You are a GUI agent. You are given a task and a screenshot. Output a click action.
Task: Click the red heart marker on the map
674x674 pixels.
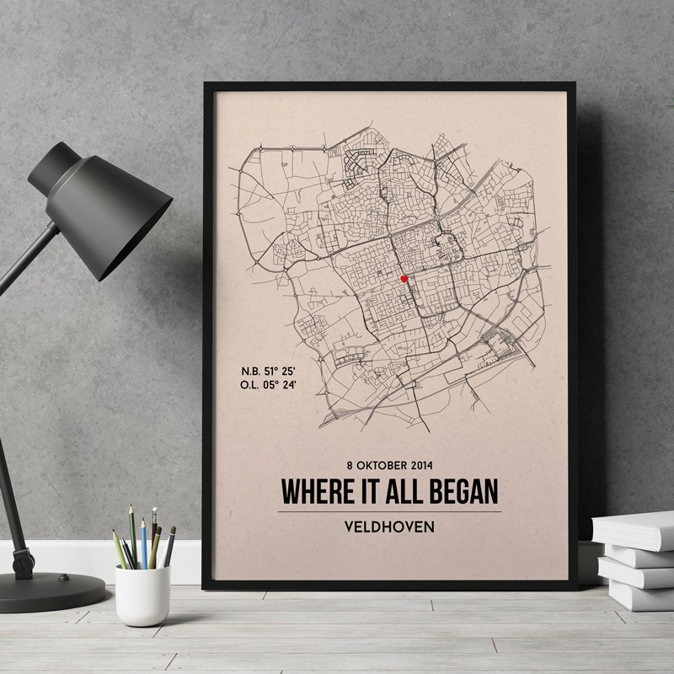tap(404, 279)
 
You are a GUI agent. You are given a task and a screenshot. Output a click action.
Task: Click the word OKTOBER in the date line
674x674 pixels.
tap(380, 464)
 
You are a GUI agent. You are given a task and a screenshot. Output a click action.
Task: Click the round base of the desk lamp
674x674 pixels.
tap(51, 590)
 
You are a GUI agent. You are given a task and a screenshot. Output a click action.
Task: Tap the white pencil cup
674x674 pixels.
tap(142, 595)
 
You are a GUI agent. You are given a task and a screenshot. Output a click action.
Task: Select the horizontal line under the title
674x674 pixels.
tap(389, 511)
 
